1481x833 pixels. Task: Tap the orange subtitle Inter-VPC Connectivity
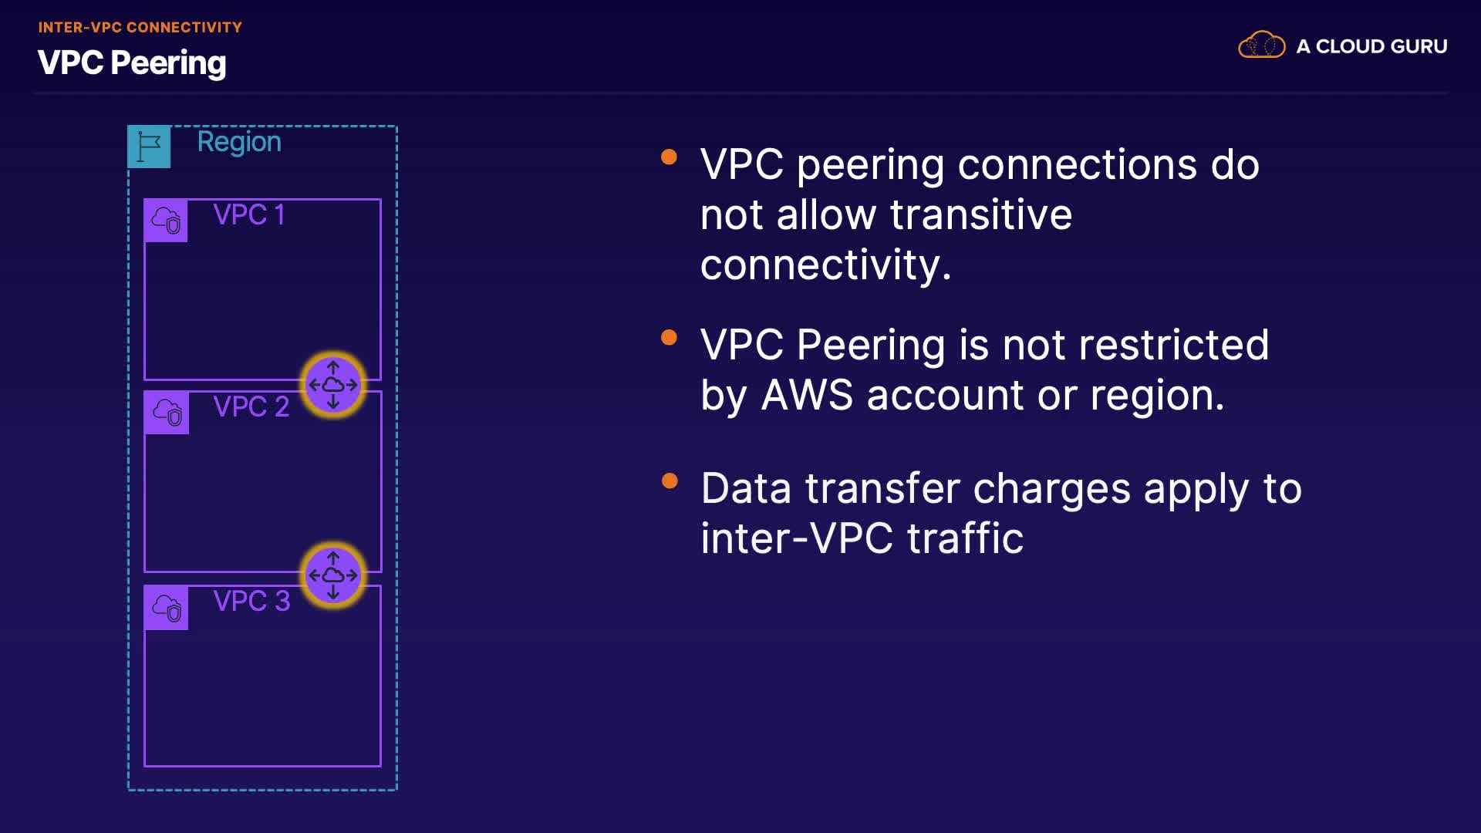140,28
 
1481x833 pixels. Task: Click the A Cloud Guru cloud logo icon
1261,45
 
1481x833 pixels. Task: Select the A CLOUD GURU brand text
1371,46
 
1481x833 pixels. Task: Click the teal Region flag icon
149,147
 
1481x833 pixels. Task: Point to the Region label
239,143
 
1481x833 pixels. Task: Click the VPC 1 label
249,214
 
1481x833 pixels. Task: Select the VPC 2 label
251,406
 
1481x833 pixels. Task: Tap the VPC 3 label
251,601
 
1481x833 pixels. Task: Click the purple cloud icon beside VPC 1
166,221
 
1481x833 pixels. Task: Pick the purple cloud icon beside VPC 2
167,413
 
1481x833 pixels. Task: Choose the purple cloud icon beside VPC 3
167,608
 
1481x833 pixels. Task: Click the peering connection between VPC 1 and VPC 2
333,384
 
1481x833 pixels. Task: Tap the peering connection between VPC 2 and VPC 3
333,575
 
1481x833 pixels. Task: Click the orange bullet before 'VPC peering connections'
670,157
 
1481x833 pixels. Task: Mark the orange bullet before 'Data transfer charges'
670,481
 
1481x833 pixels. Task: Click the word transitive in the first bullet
980,214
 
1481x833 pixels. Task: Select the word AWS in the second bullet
807,395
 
